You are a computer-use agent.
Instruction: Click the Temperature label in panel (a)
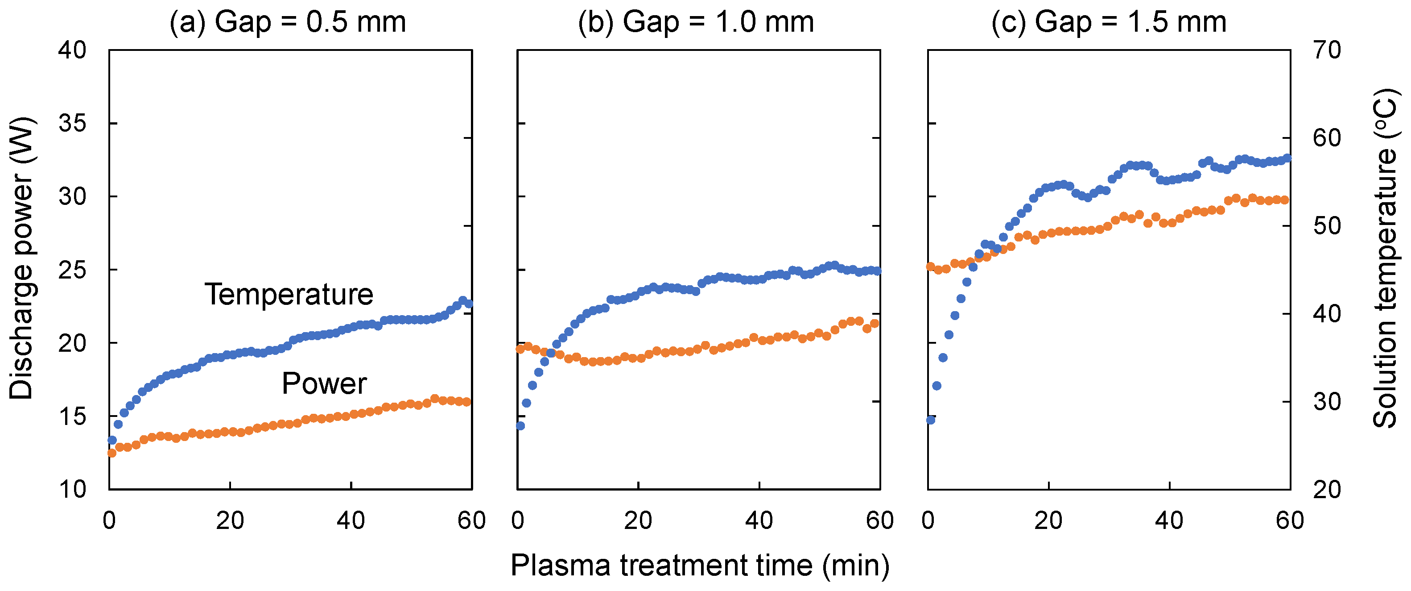[289, 295]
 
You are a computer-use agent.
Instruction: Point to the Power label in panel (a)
[324, 383]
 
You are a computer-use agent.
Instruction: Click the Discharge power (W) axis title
[22, 258]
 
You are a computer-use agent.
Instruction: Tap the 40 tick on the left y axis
[72, 50]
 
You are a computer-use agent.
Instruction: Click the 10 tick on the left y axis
[72, 489]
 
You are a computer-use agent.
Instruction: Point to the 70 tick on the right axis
[1327, 50]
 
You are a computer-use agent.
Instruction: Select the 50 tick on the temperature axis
[1327, 226]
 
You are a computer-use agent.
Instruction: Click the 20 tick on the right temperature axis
[1327, 489]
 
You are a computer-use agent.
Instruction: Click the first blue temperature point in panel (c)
[931, 420]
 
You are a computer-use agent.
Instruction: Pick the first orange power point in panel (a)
[112, 453]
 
